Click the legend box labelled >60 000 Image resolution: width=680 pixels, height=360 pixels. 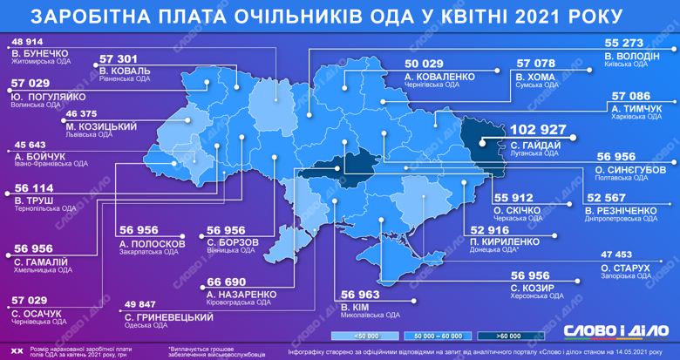[511, 335]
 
